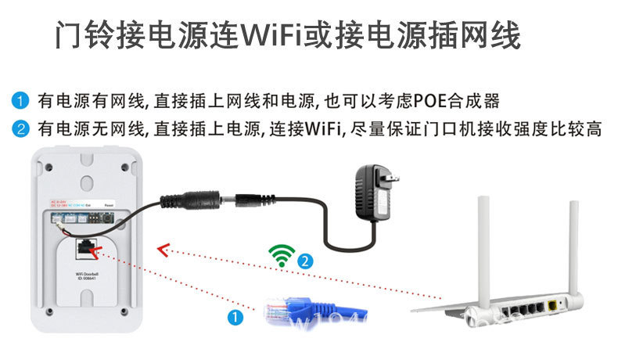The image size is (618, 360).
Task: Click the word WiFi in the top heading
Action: tap(276, 35)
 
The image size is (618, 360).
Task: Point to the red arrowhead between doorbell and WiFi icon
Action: tap(162, 250)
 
